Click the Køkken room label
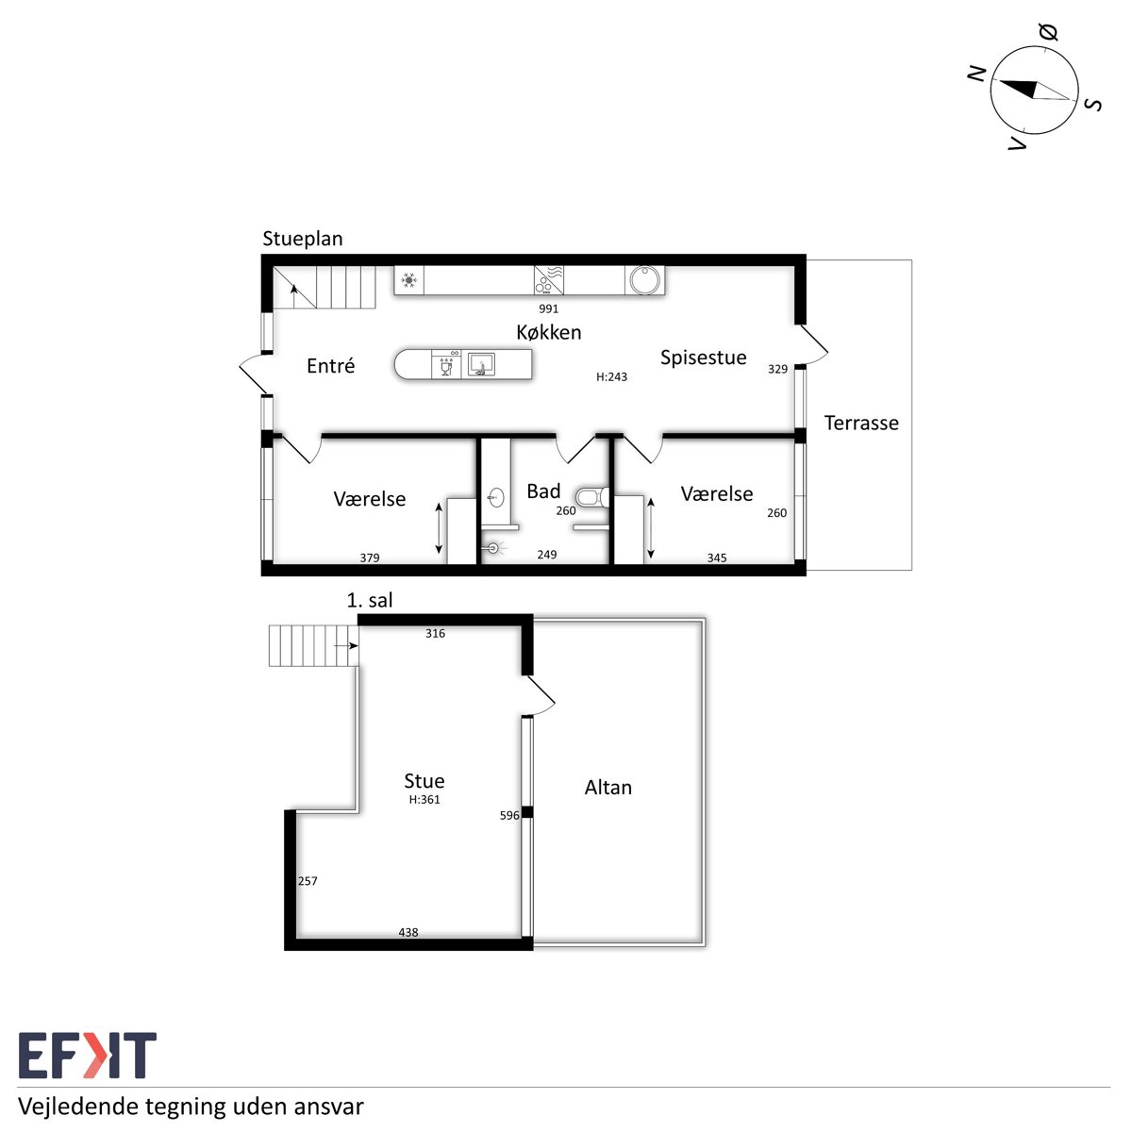pyautogui.click(x=549, y=332)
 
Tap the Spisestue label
pyautogui.click(x=703, y=358)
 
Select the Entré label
pyautogui.click(x=331, y=365)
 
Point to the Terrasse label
pyautogui.click(x=861, y=423)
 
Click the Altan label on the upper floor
pyautogui.click(x=608, y=787)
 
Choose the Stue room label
pyautogui.click(x=424, y=781)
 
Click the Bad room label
pyautogui.click(x=543, y=491)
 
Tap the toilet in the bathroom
pyautogui.click(x=592, y=497)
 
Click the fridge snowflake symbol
pyautogui.click(x=408, y=280)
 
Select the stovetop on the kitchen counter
pyautogui.click(x=549, y=279)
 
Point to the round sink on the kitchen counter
pyautogui.click(x=645, y=280)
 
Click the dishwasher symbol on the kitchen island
pyautogui.click(x=446, y=364)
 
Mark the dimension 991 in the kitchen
pyautogui.click(x=549, y=308)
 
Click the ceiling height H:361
pyautogui.click(x=424, y=800)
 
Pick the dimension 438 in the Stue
pyautogui.click(x=408, y=932)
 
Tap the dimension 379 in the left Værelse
pyautogui.click(x=370, y=558)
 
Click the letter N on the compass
pyautogui.click(x=976, y=74)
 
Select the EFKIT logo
pyautogui.click(x=88, y=1056)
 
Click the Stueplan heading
pyautogui.click(x=303, y=239)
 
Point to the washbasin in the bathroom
pyautogui.click(x=496, y=498)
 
